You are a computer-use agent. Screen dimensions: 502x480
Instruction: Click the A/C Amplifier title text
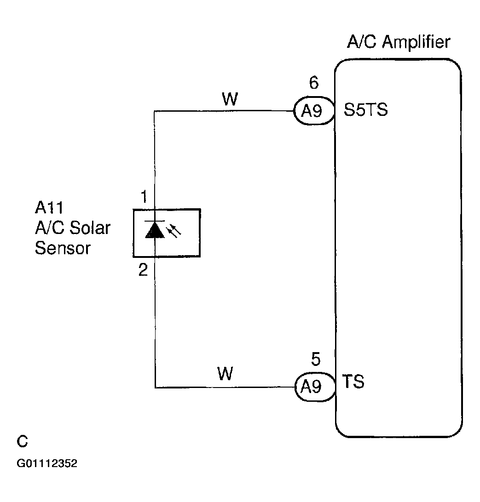pyautogui.click(x=399, y=42)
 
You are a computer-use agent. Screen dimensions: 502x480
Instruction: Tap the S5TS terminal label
pyautogui.click(x=366, y=110)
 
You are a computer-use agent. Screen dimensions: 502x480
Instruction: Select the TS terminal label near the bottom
pyautogui.click(x=353, y=382)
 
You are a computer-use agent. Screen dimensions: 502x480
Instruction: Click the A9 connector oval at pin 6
pyautogui.click(x=314, y=111)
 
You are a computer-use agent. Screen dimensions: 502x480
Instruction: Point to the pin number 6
pyautogui.click(x=313, y=83)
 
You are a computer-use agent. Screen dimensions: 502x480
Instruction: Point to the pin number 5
pyautogui.click(x=315, y=359)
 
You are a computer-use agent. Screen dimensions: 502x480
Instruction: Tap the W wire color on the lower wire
pyautogui.click(x=225, y=375)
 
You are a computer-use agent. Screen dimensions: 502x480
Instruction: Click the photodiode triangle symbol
pyautogui.click(x=154, y=230)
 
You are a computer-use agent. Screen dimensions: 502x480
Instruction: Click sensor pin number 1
pyautogui.click(x=144, y=198)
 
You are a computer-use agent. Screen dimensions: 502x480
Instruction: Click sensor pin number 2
pyautogui.click(x=143, y=270)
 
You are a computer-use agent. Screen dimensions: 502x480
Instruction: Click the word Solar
pyautogui.click(x=90, y=228)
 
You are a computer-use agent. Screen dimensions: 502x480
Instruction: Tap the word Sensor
pyautogui.click(x=63, y=248)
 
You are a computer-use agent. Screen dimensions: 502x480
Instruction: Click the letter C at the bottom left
pyautogui.click(x=22, y=442)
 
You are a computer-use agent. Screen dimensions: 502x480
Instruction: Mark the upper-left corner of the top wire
pyautogui.click(x=155, y=111)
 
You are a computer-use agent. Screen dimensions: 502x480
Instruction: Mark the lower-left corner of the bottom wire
pyautogui.click(x=155, y=388)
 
